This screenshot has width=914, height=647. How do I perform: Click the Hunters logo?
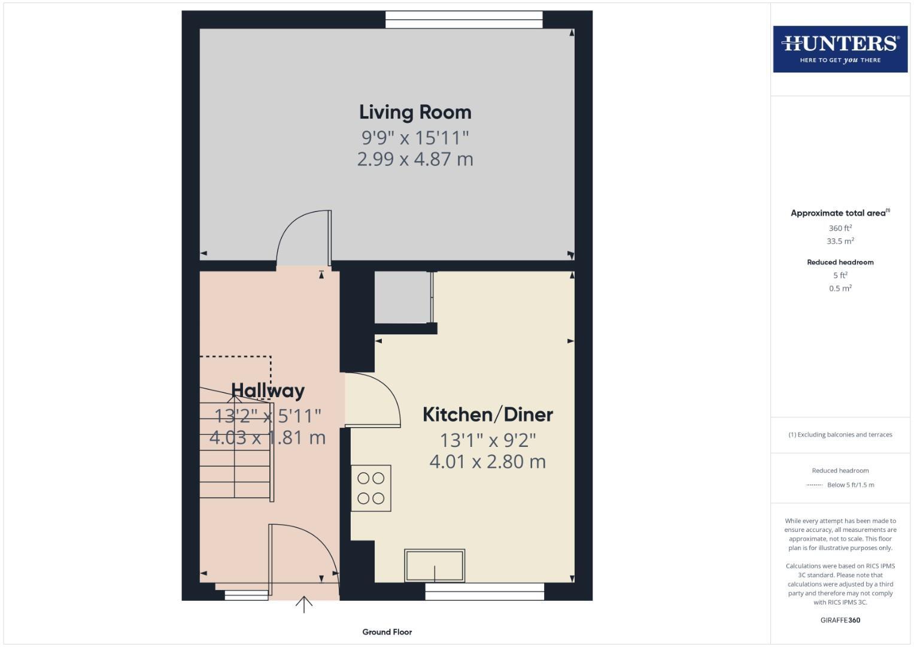coord(840,49)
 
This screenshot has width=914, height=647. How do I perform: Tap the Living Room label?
coord(415,112)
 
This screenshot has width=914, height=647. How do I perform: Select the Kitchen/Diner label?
coord(487,415)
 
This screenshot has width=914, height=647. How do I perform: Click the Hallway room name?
coord(268,391)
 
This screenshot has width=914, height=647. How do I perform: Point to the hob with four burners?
coord(371,488)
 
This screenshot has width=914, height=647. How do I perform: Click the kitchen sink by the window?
coord(435,566)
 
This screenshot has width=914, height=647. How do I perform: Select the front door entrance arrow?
coord(304,604)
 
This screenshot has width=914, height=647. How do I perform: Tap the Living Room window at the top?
coord(464,20)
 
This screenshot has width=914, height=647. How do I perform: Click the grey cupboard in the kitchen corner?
coord(403,297)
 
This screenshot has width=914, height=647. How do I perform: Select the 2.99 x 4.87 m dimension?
coord(415,159)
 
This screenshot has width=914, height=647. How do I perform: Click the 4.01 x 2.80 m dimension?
coord(487,462)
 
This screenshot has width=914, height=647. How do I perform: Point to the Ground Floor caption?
coord(387,632)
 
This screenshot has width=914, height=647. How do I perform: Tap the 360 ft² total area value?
coord(840,228)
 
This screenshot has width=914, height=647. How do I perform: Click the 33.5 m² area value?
coord(840,241)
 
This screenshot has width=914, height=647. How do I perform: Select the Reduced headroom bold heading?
coord(840,262)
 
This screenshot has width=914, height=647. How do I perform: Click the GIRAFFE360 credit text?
coord(840,621)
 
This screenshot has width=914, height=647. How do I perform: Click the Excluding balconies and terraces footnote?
coord(840,435)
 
